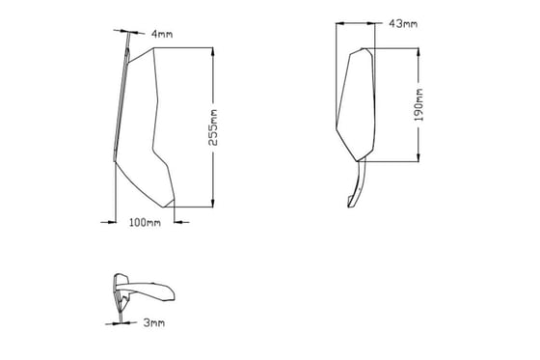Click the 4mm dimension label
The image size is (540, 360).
[x=162, y=34]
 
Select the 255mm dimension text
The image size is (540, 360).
[x=213, y=127]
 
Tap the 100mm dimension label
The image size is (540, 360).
[x=145, y=222]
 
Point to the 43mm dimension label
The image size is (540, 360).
[x=403, y=23]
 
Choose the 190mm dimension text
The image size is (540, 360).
[x=418, y=105]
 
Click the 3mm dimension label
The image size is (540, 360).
[x=154, y=322]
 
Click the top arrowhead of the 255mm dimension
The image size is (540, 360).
[x=213, y=52]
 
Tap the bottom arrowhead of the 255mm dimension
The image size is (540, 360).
[x=213, y=203]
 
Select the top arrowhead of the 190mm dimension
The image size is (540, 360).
[x=418, y=52]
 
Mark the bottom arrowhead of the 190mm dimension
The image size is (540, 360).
[x=418, y=157]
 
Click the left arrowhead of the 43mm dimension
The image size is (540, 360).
[x=340, y=23]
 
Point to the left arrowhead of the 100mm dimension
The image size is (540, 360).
[x=112, y=222]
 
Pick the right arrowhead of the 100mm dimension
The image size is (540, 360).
[x=178, y=222]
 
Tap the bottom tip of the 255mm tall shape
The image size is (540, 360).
[x=163, y=208]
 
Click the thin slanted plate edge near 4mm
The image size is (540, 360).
[x=121, y=103]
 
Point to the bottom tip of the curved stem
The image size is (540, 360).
[x=349, y=208]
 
